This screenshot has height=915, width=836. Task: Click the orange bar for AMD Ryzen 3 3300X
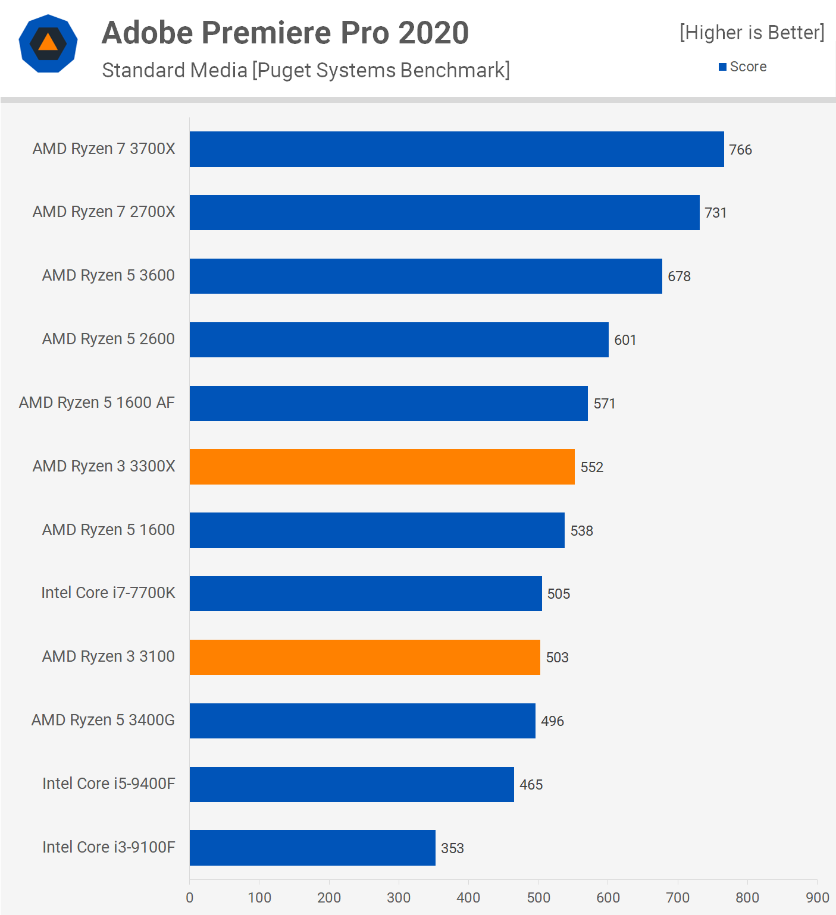(382, 467)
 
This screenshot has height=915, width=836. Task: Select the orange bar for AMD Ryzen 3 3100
(365, 657)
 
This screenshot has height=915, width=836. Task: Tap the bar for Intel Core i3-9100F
(312, 848)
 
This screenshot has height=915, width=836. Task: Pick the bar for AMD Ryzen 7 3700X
(456, 149)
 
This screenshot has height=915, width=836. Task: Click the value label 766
(740, 150)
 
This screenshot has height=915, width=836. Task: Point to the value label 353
(452, 848)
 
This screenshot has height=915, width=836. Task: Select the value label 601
(625, 340)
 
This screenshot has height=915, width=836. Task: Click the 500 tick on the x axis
(538, 898)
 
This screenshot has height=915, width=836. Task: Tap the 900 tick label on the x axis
(817, 898)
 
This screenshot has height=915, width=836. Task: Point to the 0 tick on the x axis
(190, 898)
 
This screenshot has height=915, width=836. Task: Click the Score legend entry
(743, 67)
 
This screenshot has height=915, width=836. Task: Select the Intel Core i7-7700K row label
(108, 593)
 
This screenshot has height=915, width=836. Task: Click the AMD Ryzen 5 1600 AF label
(97, 403)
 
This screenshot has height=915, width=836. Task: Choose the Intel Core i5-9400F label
(109, 784)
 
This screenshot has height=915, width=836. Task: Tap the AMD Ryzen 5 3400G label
(103, 720)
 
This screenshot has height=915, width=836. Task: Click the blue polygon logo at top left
(48, 43)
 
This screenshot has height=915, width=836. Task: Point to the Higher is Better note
(752, 33)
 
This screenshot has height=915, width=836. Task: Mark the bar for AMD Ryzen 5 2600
(399, 339)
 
